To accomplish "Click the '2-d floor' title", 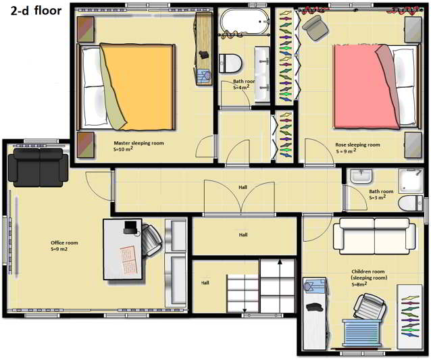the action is point(36,11).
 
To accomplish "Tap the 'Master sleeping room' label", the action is point(138,143).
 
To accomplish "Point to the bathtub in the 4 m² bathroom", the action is point(245,22).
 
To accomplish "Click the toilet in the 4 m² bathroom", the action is point(230,63).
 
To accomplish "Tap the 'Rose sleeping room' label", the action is point(357,145).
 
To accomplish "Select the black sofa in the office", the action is point(39,168).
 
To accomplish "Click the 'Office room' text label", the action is point(64,242).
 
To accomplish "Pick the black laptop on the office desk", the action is point(131,228).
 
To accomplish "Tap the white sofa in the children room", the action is point(374,234).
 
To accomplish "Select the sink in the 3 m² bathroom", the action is point(361,176).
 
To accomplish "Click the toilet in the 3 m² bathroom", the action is point(410,203).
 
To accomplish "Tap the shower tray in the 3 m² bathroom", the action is point(411,180).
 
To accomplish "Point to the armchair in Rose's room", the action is point(315,28).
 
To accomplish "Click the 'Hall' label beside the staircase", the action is point(205,282).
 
